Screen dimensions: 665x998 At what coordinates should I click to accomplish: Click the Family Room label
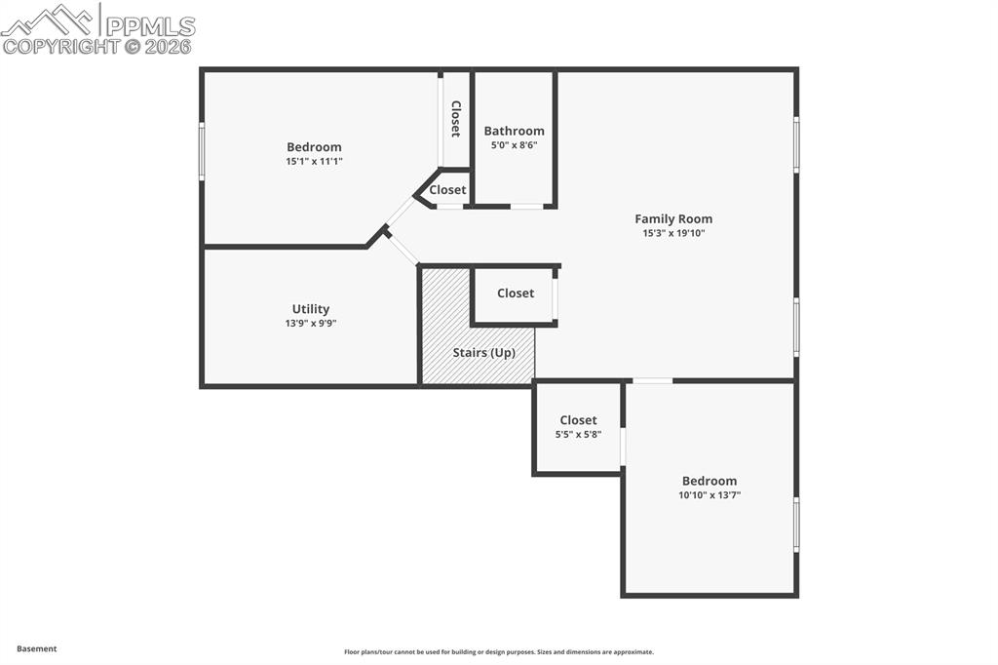coord(673,219)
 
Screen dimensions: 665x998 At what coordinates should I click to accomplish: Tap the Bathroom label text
coord(514,131)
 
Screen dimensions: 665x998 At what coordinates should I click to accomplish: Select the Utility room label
coord(311,309)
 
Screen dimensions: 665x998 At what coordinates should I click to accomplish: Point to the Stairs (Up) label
coord(484,352)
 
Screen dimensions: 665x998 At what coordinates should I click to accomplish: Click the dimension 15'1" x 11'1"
coord(314,161)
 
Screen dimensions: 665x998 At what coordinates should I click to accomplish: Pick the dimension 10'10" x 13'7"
coord(710,495)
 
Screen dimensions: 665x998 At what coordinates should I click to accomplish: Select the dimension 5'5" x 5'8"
coord(578,435)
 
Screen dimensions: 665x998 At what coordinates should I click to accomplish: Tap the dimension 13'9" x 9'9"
coord(311,324)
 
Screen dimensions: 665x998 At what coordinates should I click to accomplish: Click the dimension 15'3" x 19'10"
coord(673,234)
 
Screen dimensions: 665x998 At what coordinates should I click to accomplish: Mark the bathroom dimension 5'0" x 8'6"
coord(514,145)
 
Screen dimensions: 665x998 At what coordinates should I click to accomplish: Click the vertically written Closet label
coord(455,118)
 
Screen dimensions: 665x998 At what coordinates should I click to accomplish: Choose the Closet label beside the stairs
coord(516,293)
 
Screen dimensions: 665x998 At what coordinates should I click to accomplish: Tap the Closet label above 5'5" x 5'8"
coord(578,420)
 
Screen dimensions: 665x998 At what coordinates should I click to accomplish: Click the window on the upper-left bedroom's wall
coord(202,151)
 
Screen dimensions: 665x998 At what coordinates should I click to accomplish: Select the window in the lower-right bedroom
coord(796,525)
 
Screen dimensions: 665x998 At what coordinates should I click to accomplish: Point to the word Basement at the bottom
coord(37,648)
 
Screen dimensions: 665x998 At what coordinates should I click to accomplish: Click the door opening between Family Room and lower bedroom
coord(652,380)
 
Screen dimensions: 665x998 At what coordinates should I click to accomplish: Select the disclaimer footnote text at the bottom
coord(498,652)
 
